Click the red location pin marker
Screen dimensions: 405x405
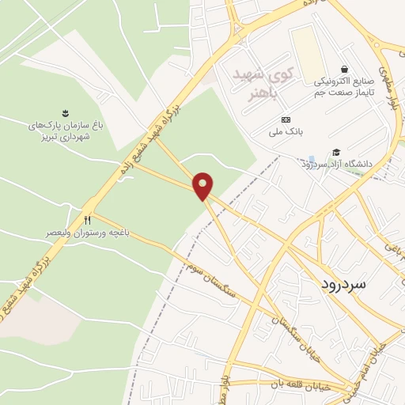click(204, 186)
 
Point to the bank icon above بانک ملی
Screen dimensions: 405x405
click(286, 119)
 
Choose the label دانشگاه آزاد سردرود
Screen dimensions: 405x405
click(335, 164)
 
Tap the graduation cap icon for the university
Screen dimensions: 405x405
click(335, 152)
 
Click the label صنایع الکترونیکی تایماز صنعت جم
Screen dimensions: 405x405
click(343, 87)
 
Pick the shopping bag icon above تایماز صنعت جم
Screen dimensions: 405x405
click(343, 69)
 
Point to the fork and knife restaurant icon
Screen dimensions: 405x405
click(88, 221)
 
